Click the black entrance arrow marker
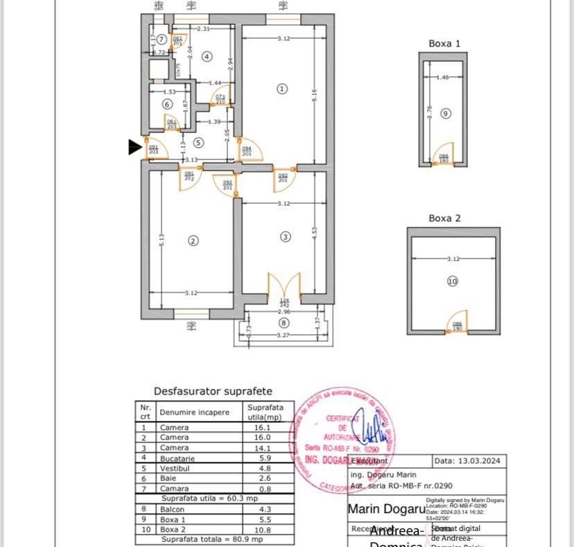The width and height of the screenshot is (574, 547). click(x=135, y=146)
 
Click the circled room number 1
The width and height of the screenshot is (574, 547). click(x=281, y=88)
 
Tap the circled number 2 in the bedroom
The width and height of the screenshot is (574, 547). click(x=193, y=241)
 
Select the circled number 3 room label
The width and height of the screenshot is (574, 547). click(x=285, y=236)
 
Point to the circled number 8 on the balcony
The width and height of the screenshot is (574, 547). click(x=282, y=322)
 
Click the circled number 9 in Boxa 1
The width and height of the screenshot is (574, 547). click(x=445, y=112)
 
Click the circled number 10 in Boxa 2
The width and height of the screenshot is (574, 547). click(x=453, y=281)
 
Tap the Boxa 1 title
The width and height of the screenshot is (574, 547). click(x=444, y=43)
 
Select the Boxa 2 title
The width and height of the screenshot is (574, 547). click(x=444, y=218)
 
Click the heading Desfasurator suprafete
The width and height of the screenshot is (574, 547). click(x=213, y=391)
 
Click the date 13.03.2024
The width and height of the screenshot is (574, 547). click(x=470, y=460)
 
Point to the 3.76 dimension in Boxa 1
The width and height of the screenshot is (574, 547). click(x=430, y=112)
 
